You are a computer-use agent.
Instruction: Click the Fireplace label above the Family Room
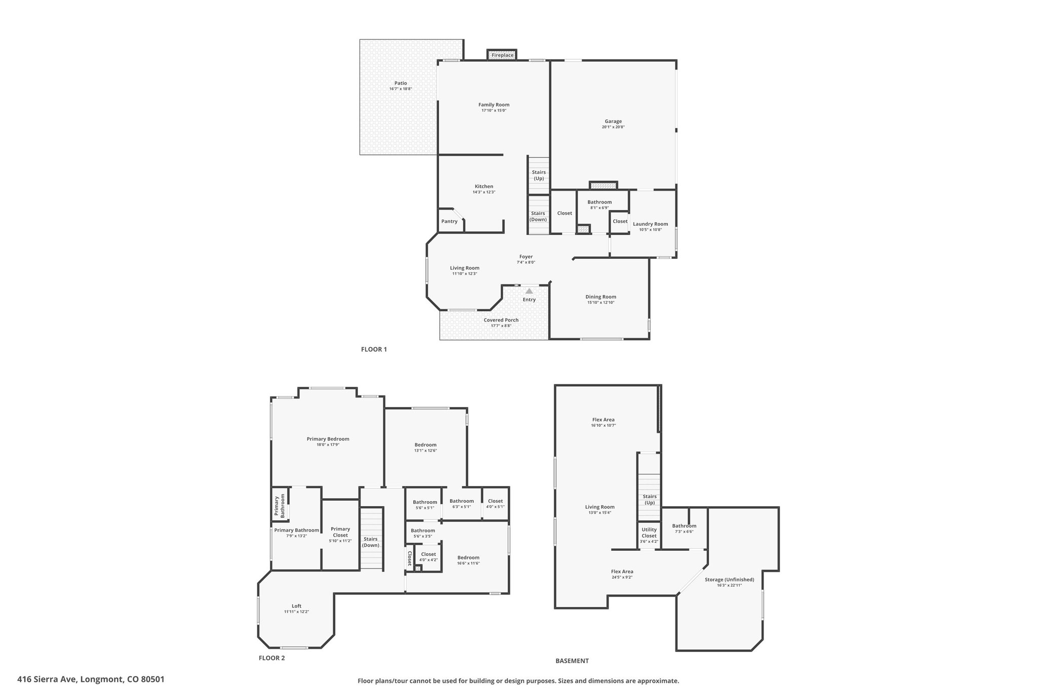pos(502,55)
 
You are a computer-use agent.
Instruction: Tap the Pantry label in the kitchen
pos(449,221)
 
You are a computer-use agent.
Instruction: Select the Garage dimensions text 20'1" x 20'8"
pos(613,127)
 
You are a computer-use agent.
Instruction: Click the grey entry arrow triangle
pos(529,291)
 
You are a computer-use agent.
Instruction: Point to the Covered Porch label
pos(501,320)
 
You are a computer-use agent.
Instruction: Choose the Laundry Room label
pos(650,224)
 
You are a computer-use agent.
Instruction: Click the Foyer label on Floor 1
pos(526,257)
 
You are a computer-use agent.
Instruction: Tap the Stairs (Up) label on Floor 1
pos(539,175)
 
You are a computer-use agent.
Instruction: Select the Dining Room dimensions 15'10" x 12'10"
pos(601,303)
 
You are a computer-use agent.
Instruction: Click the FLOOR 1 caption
pos(374,349)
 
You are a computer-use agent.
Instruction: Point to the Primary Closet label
pos(340,532)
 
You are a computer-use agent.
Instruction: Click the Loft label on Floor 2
pos(296,606)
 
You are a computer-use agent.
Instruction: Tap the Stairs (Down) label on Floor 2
pos(371,542)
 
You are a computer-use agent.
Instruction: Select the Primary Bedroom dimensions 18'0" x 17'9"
pos(328,445)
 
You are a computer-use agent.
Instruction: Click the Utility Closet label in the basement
pos(649,533)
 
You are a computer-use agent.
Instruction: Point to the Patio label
pos(401,83)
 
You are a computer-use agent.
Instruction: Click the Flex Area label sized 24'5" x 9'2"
pos(622,572)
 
